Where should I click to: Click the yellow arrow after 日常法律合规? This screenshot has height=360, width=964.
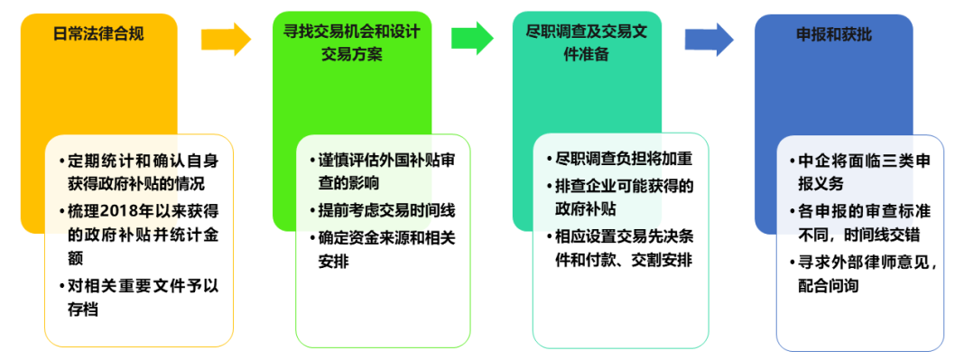(x=226, y=39)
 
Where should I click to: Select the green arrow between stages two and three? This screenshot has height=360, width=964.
(x=472, y=39)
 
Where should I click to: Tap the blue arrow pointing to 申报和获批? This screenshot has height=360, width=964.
(x=709, y=39)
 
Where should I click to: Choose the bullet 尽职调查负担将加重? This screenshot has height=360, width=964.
(x=624, y=160)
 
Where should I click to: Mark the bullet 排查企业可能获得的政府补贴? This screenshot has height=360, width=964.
(x=624, y=198)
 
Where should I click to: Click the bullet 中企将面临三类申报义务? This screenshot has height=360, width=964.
(x=864, y=172)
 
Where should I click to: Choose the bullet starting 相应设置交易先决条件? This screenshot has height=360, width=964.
(x=624, y=248)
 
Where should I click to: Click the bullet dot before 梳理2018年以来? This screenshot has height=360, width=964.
(x=62, y=211)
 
